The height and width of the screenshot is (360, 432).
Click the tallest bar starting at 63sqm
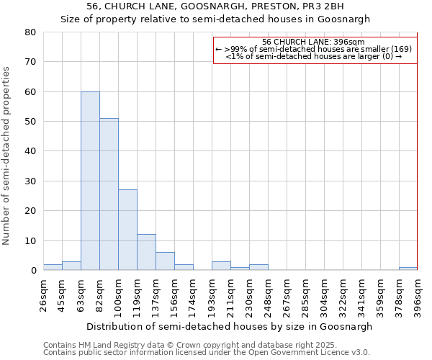pyautogui.click(x=90, y=181)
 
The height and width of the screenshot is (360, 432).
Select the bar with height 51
pyautogui.click(x=109, y=194)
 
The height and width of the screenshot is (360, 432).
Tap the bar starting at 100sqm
pyautogui.click(x=127, y=230)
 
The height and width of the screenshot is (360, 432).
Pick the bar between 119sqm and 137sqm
pyautogui.click(x=146, y=252)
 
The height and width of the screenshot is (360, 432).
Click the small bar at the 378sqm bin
pyautogui.click(x=408, y=269)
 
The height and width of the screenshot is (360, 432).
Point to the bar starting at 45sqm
pyautogui.click(x=71, y=266)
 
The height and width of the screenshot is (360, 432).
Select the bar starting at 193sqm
pyautogui.click(x=221, y=266)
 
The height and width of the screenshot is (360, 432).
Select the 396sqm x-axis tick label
pyautogui.click(x=418, y=292)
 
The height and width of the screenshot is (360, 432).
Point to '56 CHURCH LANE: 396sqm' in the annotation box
pyautogui.click(x=315, y=42)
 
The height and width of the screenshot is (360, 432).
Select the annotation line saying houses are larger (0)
pyautogui.click(x=315, y=56)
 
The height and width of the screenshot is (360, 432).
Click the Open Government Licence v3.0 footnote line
pyautogui.click(x=207, y=353)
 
